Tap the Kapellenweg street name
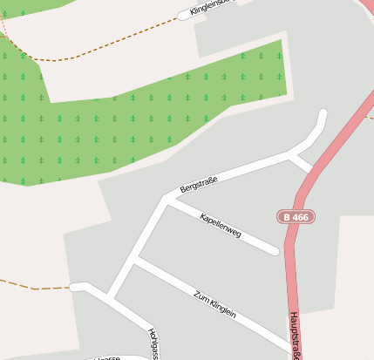[220, 226]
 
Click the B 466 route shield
[296, 216]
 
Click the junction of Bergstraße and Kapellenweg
[166, 201]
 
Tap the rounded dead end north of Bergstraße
[323, 114]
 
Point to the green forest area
[131, 113]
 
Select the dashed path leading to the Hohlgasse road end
[35, 287]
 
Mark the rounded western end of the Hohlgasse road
[75, 286]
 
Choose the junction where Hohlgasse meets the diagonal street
[109, 297]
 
